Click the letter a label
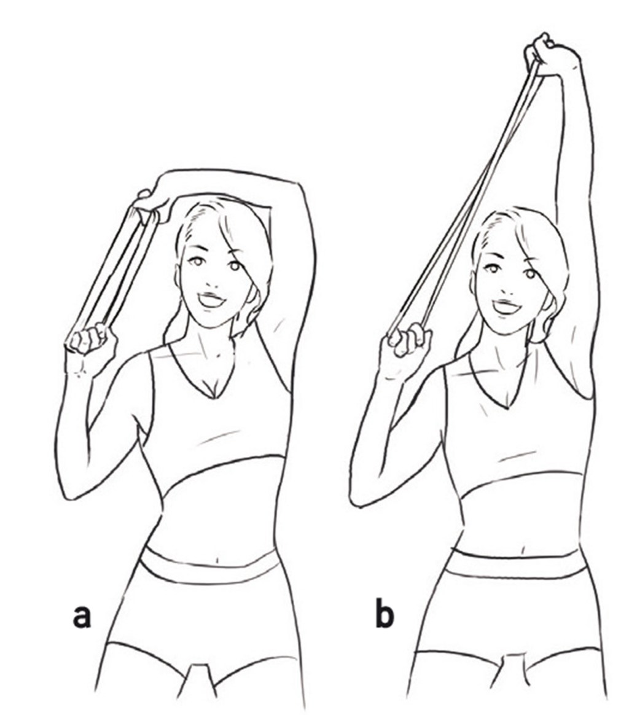(x=82, y=615)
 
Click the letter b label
(x=384, y=615)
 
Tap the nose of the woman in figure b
(x=507, y=284)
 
